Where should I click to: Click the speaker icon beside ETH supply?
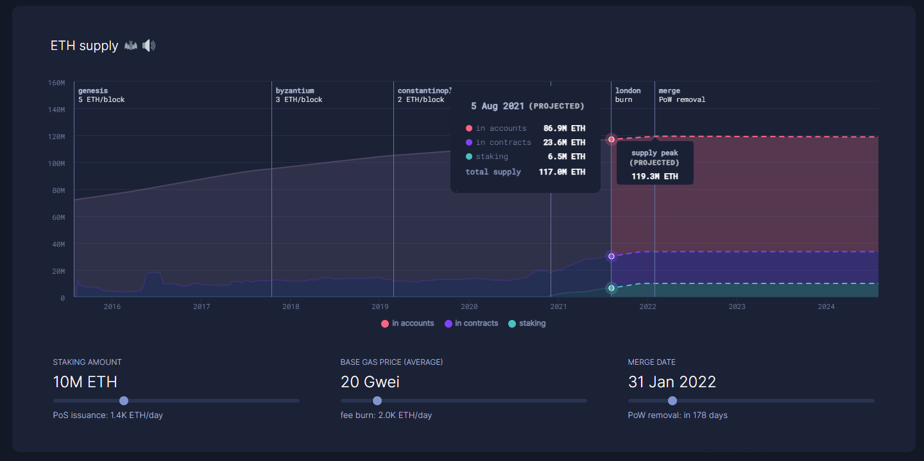pyautogui.click(x=149, y=46)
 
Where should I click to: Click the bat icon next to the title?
pyautogui.click(x=131, y=46)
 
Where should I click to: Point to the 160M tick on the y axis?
pyautogui.click(x=56, y=83)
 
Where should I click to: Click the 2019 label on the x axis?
pyautogui.click(x=380, y=306)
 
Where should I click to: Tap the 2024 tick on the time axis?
pyautogui.click(x=826, y=306)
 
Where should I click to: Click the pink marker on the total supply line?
pyautogui.click(x=612, y=139)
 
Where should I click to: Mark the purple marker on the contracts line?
pyautogui.click(x=612, y=256)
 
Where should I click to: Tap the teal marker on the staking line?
pyautogui.click(x=612, y=288)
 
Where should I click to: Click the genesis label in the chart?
pyautogui.click(x=93, y=91)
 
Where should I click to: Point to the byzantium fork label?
pyautogui.click(x=295, y=91)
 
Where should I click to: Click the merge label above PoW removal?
pyautogui.click(x=669, y=91)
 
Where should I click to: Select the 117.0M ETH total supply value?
pyautogui.click(x=561, y=172)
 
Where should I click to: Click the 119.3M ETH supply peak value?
pyautogui.click(x=654, y=176)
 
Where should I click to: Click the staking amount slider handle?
pyautogui.click(x=124, y=401)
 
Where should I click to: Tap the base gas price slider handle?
pyautogui.click(x=377, y=401)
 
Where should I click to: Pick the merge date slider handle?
pyautogui.click(x=672, y=401)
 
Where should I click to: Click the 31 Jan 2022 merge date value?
pyautogui.click(x=672, y=382)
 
